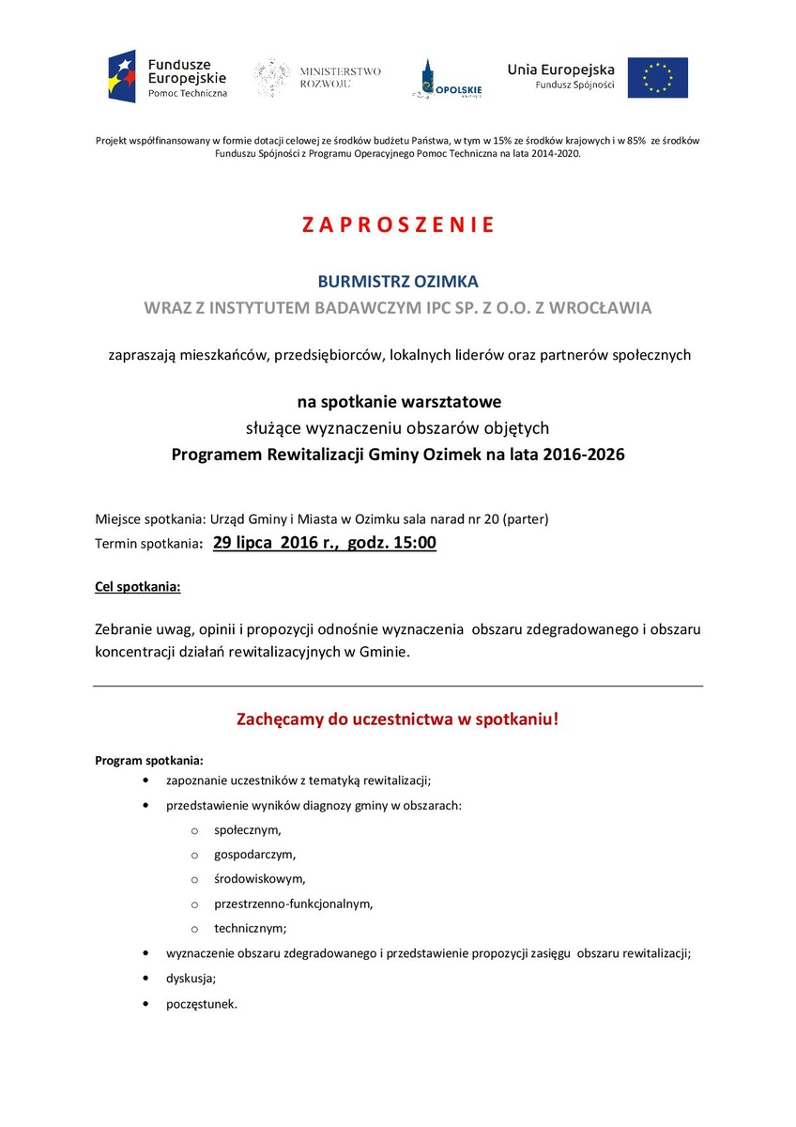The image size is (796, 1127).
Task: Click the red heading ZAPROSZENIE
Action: [398, 225]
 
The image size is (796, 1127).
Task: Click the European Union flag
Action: [657, 77]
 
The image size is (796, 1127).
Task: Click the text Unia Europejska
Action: [561, 69]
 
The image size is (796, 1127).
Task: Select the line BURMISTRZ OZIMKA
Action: [398, 281]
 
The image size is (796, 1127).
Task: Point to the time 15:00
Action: [414, 542]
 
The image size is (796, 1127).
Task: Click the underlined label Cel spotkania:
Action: [138, 587]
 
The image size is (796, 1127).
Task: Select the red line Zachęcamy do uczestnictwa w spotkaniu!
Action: [398, 720]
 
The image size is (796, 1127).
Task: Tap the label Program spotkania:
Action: [149, 760]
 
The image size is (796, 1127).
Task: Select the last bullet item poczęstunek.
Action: [202, 1003]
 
